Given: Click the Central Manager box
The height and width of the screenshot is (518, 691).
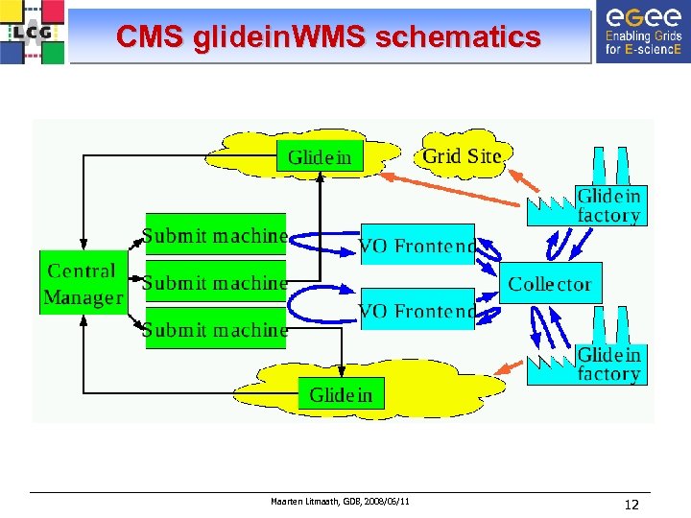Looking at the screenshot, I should click(83, 284).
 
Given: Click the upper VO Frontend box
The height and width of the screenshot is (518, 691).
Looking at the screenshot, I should click(417, 246).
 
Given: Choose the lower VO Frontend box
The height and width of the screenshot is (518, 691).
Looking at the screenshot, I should click(417, 310).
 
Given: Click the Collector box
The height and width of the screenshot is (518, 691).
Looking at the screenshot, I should click(550, 283).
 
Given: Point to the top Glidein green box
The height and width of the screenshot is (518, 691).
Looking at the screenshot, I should click(320, 156).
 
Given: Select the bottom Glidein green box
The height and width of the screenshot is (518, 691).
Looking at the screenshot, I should click(341, 394).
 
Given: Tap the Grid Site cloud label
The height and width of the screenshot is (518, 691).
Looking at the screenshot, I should click(462, 155).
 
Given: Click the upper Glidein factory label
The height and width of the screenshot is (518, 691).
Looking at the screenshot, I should click(608, 205).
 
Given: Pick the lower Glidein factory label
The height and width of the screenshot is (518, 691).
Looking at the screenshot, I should click(608, 364).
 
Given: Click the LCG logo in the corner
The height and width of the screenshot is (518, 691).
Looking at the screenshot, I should click(33, 32).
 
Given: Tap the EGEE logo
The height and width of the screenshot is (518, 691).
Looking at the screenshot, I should click(642, 32).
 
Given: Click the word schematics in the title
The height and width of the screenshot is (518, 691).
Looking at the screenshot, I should click(458, 37).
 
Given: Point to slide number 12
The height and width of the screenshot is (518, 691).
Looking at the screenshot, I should click(631, 505).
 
